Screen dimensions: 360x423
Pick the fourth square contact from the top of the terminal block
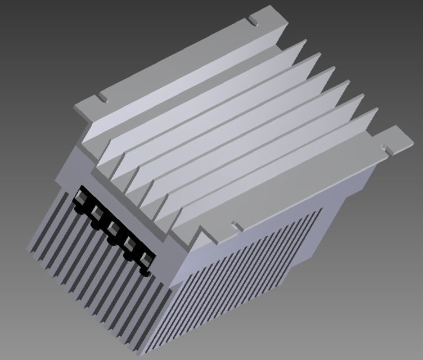[129, 244]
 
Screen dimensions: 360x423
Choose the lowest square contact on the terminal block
[146, 259]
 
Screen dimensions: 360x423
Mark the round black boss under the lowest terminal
[145, 273]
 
